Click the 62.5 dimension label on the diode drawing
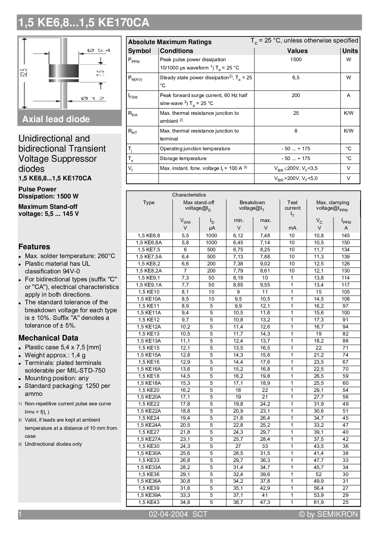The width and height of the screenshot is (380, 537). click(x=25, y=73)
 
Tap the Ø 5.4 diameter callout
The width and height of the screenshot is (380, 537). click(x=99, y=50)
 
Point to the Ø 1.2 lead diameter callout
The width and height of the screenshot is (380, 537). click(x=93, y=99)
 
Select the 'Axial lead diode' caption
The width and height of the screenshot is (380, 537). click(x=56, y=119)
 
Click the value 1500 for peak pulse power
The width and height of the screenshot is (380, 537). click(x=296, y=60)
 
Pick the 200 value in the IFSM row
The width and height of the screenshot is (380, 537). click(x=296, y=96)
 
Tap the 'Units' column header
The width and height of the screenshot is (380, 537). click(x=350, y=51)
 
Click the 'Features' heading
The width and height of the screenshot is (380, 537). click(x=34, y=247)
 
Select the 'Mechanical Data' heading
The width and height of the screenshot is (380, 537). click(x=48, y=338)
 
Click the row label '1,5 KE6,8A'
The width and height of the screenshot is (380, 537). click(x=149, y=243)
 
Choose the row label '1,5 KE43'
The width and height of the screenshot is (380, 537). click(x=149, y=502)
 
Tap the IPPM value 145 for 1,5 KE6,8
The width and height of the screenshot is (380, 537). click(x=346, y=236)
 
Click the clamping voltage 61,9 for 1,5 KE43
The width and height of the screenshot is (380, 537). click(x=319, y=502)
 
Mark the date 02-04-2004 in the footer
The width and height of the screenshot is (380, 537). click(x=168, y=515)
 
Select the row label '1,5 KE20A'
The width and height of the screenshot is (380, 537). click(x=149, y=397)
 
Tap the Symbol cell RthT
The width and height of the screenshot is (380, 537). click(x=133, y=132)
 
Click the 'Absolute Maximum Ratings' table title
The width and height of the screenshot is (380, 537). click(x=170, y=42)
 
